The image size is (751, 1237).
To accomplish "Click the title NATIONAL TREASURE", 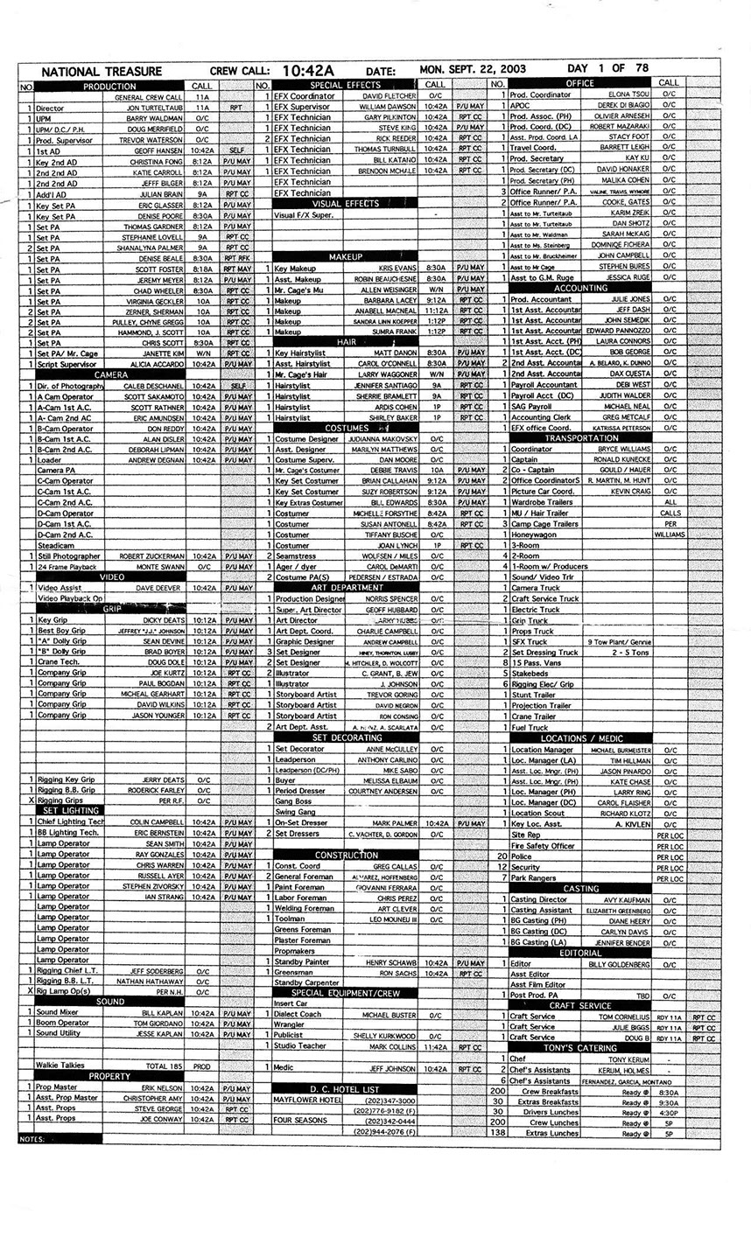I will click(102, 72).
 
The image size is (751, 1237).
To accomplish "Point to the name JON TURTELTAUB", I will click(155, 108).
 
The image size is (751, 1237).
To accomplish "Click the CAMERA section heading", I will click(111, 374).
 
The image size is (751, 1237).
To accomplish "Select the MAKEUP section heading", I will click(346, 257).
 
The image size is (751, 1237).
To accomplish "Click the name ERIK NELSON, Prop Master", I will click(162, 1087).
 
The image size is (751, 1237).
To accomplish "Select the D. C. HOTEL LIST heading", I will click(345, 1088).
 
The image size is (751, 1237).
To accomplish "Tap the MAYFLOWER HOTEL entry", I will click(306, 1099).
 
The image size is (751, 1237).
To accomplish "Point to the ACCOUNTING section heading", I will click(580, 288).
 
